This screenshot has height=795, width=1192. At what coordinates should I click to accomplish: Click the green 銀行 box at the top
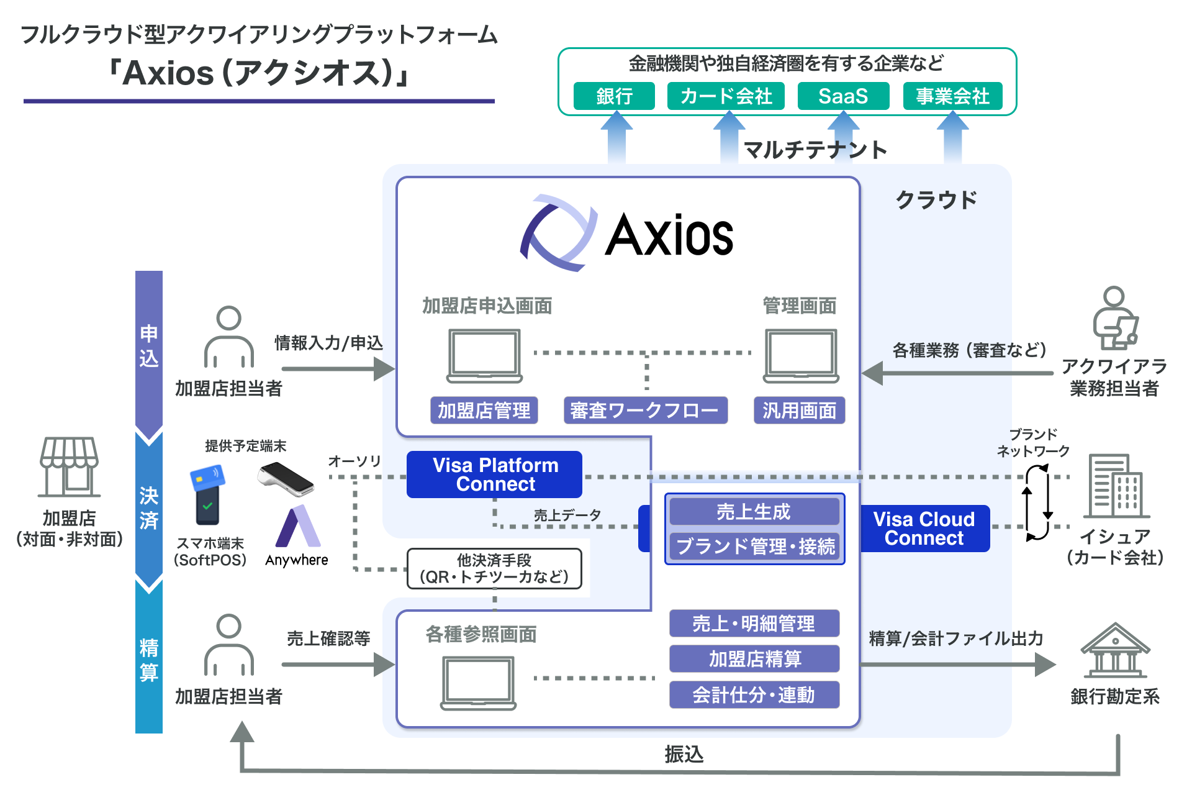pyautogui.click(x=614, y=96)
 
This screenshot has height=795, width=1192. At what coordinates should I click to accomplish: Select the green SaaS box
pyautogui.click(x=843, y=96)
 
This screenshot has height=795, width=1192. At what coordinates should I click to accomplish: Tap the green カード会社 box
pyautogui.click(x=726, y=96)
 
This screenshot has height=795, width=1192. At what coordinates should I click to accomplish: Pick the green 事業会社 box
pyautogui.click(x=952, y=96)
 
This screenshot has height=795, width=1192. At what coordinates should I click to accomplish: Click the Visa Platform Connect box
pyautogui.click(x=495, y=475)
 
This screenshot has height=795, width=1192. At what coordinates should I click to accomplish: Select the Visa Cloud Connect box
pyautogui.click(x=924, y=529)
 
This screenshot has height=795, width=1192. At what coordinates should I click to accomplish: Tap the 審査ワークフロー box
pyautogui.click(x=645, y=411)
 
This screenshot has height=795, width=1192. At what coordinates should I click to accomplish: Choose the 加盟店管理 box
pyautogui.click(x=484, y=411)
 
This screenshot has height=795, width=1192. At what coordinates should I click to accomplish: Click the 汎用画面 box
pyautogui.click(x=799, y=411)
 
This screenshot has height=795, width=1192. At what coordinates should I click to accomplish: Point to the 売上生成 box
pyautogui.click(x=754, y=512)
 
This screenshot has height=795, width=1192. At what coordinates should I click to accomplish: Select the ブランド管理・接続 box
pyautogui.click(x=755, y=547)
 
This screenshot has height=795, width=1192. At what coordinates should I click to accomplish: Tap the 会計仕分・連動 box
pyautogui.click(x=754, y=695)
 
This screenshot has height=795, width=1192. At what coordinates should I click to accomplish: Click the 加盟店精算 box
pyautogui.click(x=754, y=659)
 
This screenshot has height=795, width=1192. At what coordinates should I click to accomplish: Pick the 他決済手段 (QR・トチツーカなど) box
pyautogui.click(x=495, y=568)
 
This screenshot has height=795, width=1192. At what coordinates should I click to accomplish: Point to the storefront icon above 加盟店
pyautogui.click(x=69, y=466)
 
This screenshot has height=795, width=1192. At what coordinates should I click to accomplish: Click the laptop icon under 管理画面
pyautogui.click(x=801, y=356)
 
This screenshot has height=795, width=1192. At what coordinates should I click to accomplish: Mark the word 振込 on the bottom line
pyautogui.click(x=684, y=754)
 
